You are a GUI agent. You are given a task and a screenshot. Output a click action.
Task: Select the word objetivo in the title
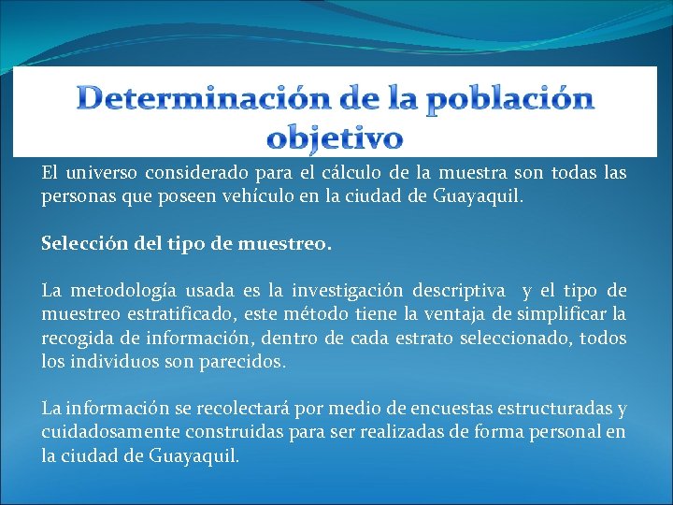[335, 137]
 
